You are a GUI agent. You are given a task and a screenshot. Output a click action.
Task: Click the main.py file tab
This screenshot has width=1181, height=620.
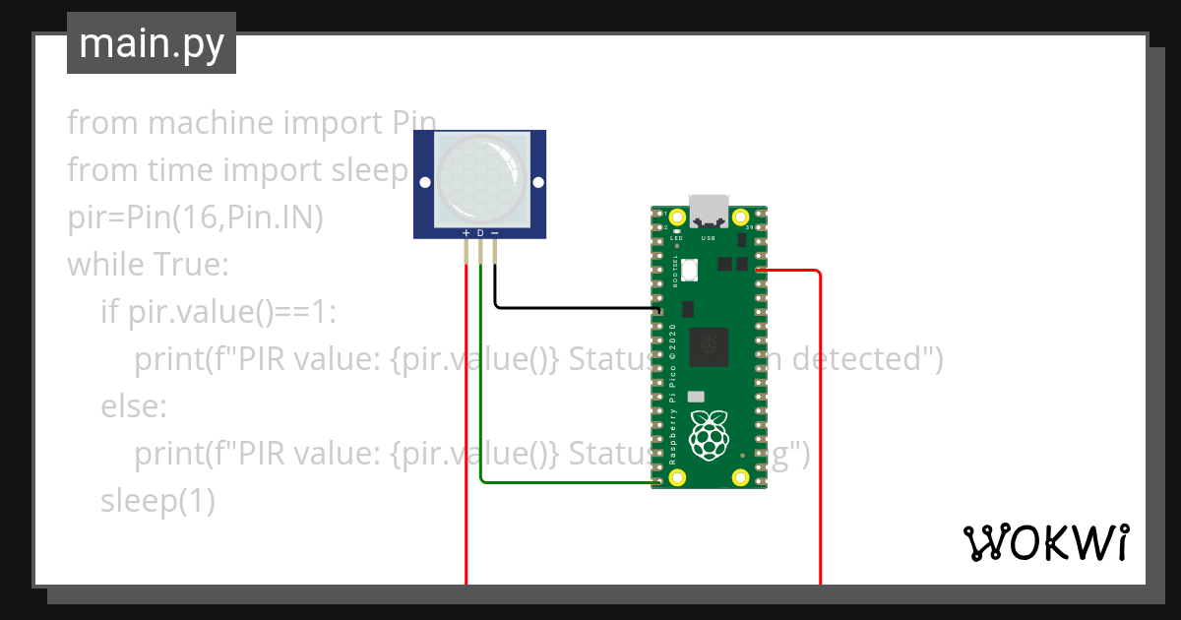point(152,43)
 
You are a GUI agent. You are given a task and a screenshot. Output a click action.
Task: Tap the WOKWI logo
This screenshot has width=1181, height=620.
point(1045,542)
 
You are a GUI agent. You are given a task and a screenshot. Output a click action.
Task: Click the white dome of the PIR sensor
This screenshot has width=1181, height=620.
point(479,178)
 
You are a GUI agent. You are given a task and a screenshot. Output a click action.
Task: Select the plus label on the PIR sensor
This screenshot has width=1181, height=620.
point(466,233)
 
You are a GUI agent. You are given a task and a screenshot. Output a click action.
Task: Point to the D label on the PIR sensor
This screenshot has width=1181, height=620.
point(480,233)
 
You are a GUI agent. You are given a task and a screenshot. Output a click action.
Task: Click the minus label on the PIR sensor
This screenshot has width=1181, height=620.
point(495,233)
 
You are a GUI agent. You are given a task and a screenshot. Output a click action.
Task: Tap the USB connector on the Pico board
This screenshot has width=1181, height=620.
point(709,211)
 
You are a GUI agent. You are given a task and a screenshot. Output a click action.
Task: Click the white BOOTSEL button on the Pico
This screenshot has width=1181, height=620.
point(690,268)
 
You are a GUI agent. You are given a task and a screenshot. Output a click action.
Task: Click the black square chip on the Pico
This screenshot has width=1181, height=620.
point(709,346)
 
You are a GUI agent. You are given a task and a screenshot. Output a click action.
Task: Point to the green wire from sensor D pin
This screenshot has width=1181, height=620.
point(480,394)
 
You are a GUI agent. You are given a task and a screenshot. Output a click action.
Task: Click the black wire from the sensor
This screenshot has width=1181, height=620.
point(571,307)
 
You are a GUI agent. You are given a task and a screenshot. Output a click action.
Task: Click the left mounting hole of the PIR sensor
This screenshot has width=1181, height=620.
point(424,183)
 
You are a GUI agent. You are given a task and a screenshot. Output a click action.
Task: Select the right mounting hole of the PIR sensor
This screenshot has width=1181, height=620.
point(536,183)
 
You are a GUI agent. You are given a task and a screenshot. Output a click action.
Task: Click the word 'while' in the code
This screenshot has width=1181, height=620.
point(105,265)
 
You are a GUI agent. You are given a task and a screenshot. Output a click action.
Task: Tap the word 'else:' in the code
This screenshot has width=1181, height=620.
point(134,406)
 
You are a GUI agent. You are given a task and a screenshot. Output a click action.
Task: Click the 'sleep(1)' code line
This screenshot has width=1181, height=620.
point(157,501)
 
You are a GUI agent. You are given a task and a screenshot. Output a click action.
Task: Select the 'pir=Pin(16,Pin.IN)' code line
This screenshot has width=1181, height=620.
point(195,217)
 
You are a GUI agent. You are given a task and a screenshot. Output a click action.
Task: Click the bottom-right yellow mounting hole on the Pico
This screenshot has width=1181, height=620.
point(740,477)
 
